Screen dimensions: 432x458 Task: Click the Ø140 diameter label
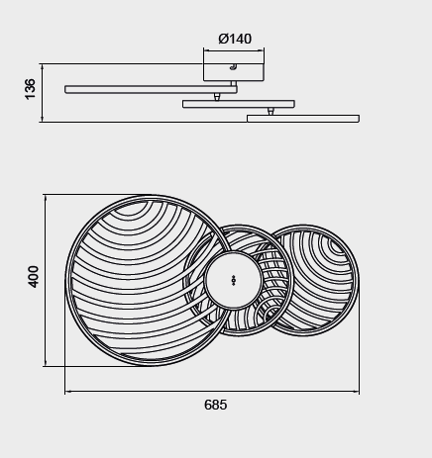pos(235,39)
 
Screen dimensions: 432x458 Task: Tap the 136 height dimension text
pos(30,89)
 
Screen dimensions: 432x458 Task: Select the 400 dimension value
pos(34,277)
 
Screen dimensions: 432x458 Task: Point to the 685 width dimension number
pos(215,405)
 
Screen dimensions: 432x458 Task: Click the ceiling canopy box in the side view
pos(234,72)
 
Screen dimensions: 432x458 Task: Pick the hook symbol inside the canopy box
pos(233,67)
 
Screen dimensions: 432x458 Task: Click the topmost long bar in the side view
pos(151,89)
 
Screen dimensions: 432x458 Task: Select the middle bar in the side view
pos(239,104)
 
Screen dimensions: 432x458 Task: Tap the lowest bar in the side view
pos(303,119)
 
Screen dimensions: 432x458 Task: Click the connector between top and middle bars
pos(217,97)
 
